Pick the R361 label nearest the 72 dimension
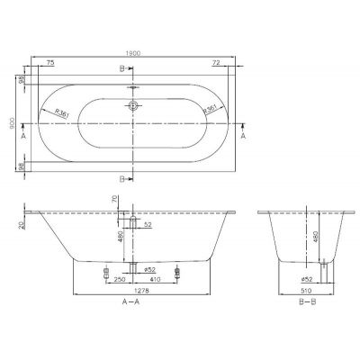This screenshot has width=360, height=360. tap(206, 108)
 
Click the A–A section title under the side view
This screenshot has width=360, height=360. tap(132, 307)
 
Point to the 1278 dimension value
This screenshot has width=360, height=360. tap(132, 293)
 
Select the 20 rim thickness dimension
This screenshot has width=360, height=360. tap(20, 220)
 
